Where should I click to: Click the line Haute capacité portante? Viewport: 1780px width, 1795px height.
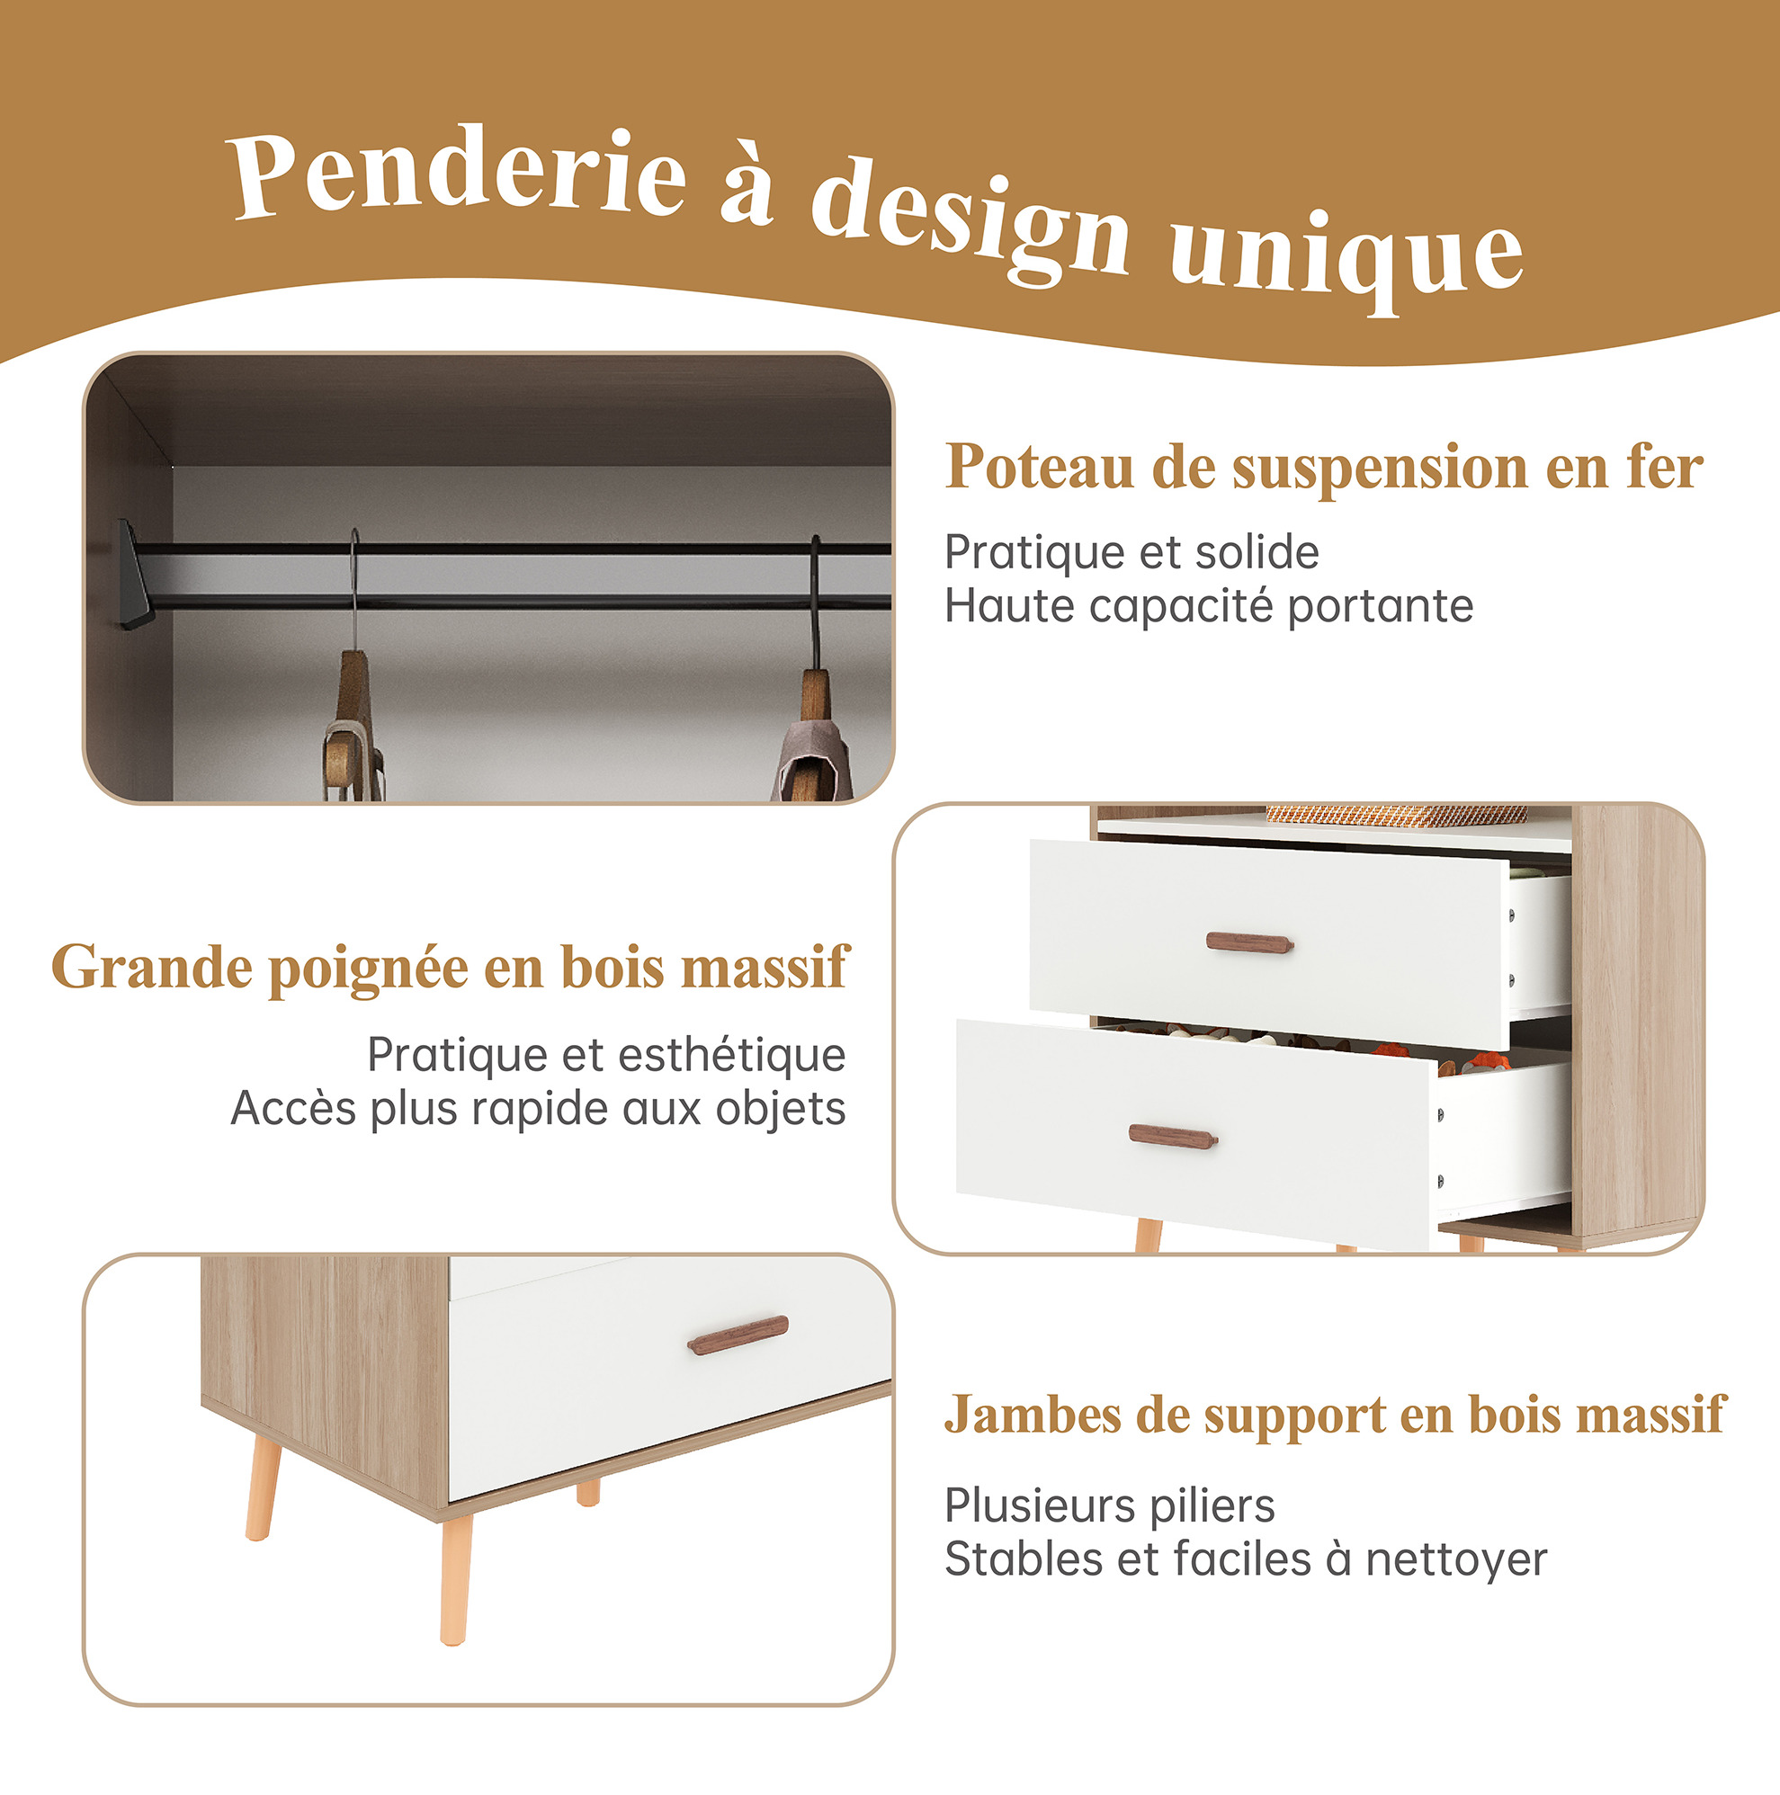(x=1209, y=607)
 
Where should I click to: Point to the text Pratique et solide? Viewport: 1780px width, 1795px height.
(x=1132, y=553)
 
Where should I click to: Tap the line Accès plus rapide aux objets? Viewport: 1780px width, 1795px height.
(x=538, y=1110)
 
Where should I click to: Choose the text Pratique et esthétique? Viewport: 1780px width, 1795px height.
(x=606, y=1056)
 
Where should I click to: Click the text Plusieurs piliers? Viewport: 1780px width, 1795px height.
(x=1110, y=1506)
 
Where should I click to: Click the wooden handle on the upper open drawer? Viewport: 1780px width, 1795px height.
(x=1249, y=942)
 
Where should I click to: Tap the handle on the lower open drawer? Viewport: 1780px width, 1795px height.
(x=1172, y=1137)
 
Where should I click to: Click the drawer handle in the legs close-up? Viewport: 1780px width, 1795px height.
(x=738, y=1335)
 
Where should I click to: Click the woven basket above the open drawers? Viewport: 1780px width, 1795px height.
(x=1396, y=815)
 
